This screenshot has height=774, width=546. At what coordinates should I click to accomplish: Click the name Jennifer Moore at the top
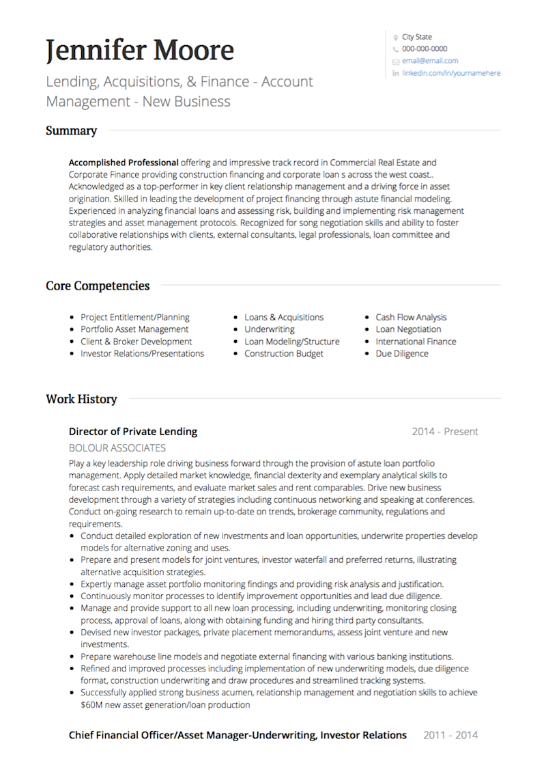pyautogui.click(x=140, y=51)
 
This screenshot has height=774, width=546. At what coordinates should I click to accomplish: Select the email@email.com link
pyautogui.click(x=430, y=61)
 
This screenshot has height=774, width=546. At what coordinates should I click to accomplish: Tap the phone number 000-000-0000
pyautogui.click(x=425, y=49)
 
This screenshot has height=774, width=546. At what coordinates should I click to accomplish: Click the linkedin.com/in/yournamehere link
pyautogui.click(x=451, y=73)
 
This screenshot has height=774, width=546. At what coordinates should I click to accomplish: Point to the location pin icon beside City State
pyautogui.click(x=396, y=38)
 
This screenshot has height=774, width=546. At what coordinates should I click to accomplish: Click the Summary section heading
pyautogui.click(x=71, y=130)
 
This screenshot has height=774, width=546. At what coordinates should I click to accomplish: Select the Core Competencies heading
pyautogui.click(x=98, y=286)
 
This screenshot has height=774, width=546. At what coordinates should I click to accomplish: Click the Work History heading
pyautogui.click(x=81, y=399)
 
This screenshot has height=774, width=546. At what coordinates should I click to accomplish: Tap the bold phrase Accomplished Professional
pyautogui.click(x=124, y=163)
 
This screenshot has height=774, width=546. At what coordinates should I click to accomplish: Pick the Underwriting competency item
pyautogui.click(x=270, y=329)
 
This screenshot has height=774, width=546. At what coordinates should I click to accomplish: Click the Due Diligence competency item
pyautogui.click(x=402, y=354)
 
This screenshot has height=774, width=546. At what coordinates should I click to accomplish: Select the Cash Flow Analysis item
pyautogui.click(x=411, y=317)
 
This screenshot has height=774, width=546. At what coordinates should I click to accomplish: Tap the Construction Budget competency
pyautogui.click(x=284, y=354)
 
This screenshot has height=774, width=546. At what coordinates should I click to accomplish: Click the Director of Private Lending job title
pyautogui.click(x=133, y=432)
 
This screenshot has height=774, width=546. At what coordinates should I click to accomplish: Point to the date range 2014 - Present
pyautogui.click(x=445, y=432)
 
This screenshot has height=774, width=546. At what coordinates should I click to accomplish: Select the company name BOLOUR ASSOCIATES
pyautogui.click(x=117, y=448)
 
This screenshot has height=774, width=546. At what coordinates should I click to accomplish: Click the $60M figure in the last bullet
pyautogui.click(x=91, y=704)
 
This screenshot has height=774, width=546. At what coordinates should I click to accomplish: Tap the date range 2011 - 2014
pyautogui.click(x=450, y=735)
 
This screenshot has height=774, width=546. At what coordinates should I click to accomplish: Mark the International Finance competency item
pyautogui.click(x=416, y=342)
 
